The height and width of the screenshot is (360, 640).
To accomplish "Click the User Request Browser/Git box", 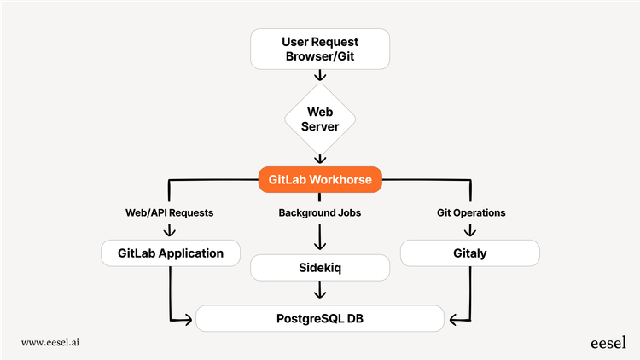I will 319,49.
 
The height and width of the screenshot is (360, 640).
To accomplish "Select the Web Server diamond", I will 319,120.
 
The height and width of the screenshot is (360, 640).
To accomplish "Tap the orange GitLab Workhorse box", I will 319,180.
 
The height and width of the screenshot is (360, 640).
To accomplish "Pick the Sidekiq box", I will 319,268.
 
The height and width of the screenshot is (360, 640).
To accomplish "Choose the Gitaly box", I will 469,253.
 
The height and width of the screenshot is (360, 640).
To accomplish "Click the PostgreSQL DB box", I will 319,320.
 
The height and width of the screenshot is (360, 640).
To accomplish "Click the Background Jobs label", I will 319,212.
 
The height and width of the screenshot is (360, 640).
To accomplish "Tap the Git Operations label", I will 469,212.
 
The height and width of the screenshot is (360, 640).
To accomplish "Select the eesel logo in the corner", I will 608,342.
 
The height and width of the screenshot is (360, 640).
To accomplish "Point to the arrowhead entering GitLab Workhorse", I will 319,160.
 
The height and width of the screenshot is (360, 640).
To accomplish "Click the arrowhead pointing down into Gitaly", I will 469,231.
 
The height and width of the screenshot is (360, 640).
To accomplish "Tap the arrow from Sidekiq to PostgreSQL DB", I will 319,291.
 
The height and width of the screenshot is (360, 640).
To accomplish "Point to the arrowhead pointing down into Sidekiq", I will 319,247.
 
